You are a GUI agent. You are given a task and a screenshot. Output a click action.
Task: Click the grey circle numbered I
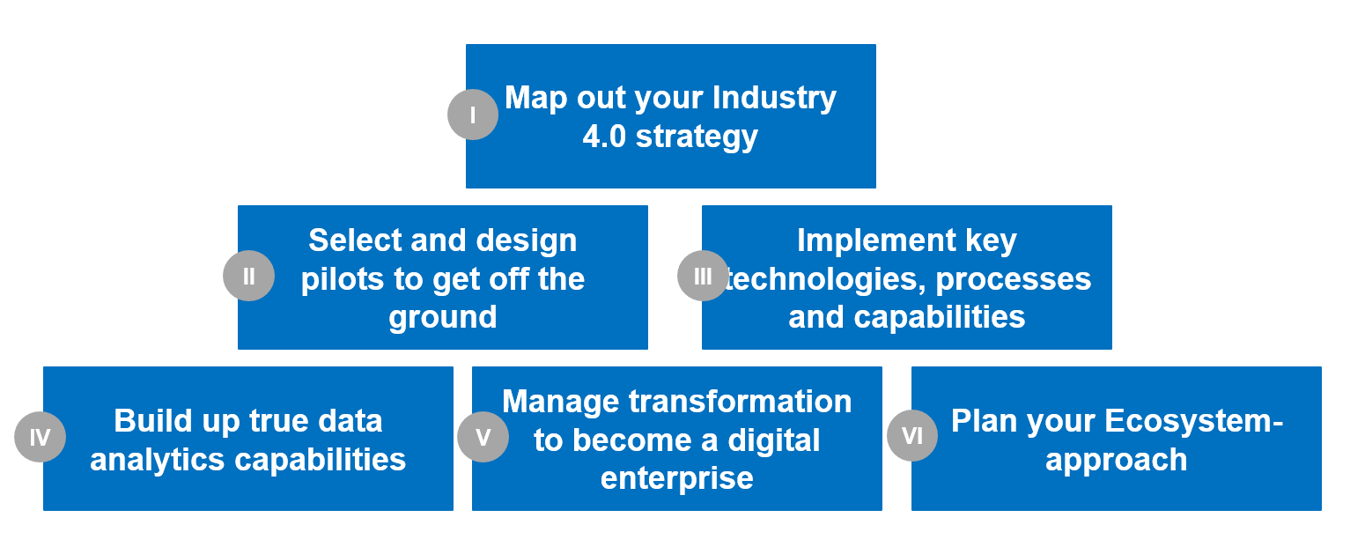tap(473, 115)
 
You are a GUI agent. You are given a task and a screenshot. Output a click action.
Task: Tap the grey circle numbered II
tap(249, 276)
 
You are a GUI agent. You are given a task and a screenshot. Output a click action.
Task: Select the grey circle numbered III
tap(703, 276)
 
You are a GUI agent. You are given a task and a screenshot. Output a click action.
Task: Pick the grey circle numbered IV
tap(41, 437)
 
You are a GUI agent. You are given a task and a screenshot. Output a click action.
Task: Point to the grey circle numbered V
tap(483, 437)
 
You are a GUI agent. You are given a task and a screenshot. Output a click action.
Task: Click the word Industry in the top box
tap(774, 97)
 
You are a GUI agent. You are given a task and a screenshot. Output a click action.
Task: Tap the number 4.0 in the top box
tap(604, 137)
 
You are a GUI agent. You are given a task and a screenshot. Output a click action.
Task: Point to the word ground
tap(443, 317)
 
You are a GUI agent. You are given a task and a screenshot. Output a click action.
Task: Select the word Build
tap(150, 421)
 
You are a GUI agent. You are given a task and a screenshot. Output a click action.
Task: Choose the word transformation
tap(740, 402)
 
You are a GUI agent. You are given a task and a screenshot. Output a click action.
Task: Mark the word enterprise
tap(676, 478)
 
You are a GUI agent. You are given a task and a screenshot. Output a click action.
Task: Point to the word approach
tap(1116, 460)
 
